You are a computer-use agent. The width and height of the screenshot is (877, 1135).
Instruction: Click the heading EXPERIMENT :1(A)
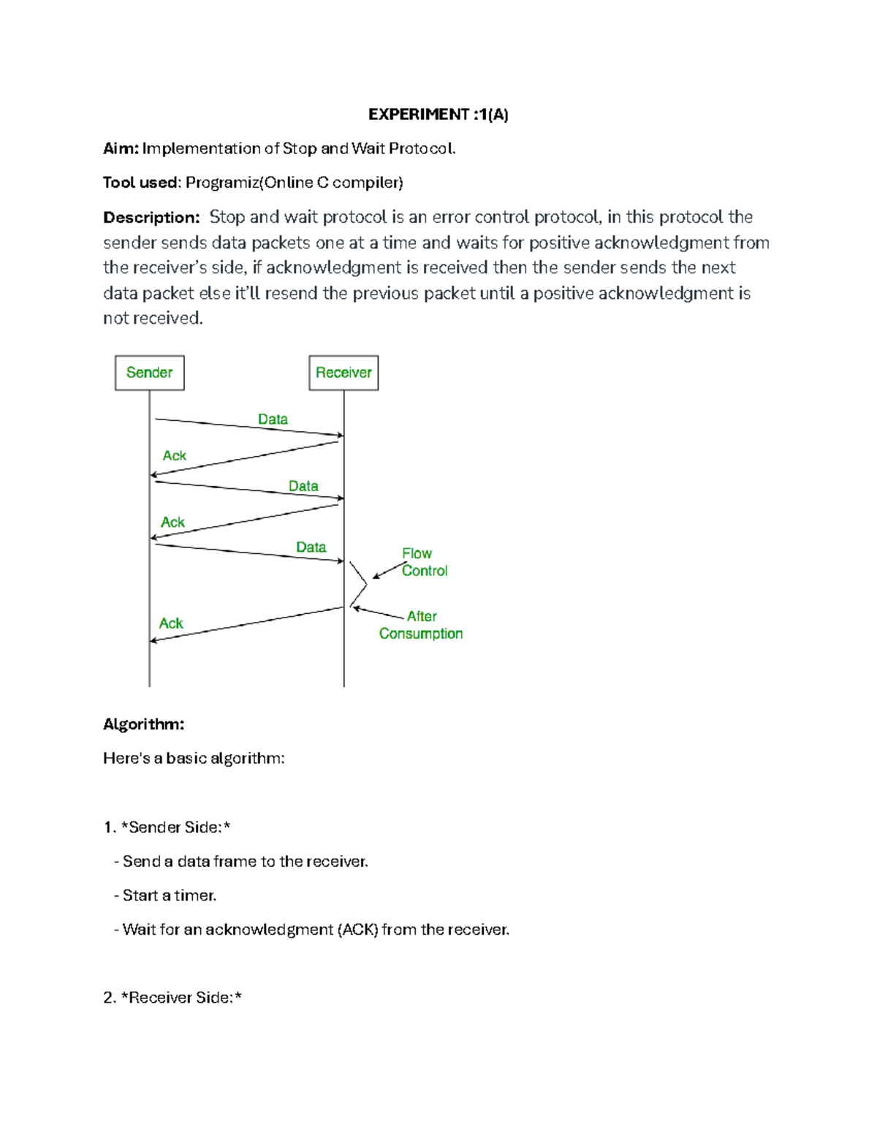(438, 114)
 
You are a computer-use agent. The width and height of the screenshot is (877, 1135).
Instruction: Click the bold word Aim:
(121, 148)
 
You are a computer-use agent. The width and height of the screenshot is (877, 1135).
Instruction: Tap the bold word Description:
(151, 218)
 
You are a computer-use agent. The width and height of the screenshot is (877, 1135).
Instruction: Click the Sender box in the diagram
(150, 373)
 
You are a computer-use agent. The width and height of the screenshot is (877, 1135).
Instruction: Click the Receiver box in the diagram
(343, 373)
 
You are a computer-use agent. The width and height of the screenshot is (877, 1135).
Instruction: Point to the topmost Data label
(273, 419)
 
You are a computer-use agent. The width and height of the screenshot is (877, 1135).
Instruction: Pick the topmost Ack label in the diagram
(174, 455)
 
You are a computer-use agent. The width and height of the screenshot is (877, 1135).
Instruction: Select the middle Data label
(303, 486)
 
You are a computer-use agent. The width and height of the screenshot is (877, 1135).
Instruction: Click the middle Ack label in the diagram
(172, 522)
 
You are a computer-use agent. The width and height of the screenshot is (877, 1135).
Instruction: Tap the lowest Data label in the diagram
(311, 547)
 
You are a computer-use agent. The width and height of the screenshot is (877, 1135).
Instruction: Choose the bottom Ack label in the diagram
(171, 623)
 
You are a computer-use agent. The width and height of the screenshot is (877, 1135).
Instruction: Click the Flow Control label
(424, 562)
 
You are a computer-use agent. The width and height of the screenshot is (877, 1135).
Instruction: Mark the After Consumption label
(421, 625)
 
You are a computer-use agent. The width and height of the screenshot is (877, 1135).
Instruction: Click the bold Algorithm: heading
(143, 724)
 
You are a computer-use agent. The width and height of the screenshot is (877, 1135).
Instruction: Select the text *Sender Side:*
(175, 827)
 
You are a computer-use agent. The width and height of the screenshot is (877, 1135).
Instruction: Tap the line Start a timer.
(170, 895)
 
